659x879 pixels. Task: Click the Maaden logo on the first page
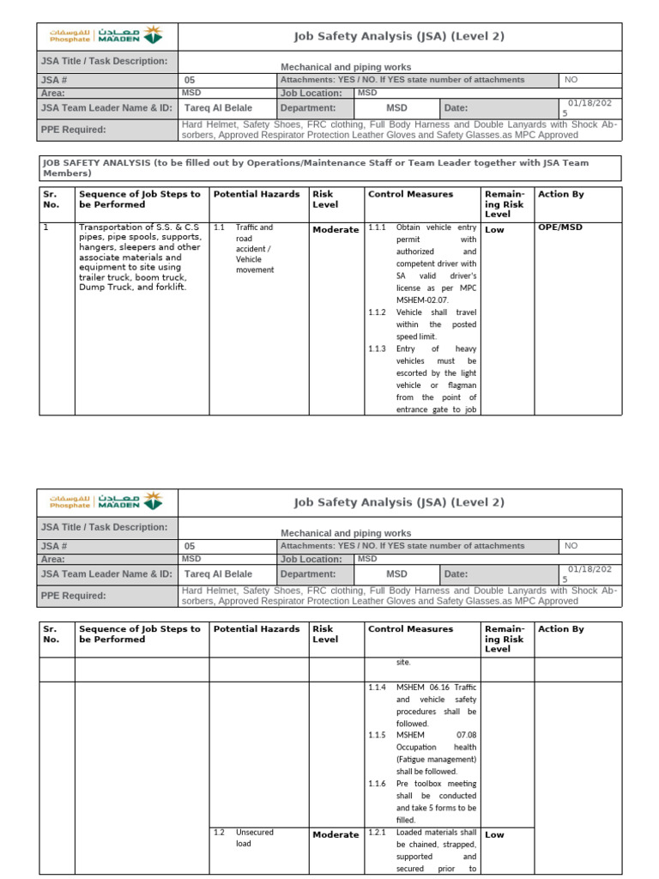tap(106, 36)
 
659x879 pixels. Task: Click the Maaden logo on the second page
tap(106, 502)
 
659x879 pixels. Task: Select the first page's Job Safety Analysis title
tap(399, 36)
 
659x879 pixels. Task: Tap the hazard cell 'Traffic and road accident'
tap(255, 248)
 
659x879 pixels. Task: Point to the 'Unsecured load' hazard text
tap(255, 838)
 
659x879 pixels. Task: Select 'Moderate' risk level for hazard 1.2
tap(336, 834)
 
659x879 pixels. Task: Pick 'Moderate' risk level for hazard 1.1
tap(336, 230)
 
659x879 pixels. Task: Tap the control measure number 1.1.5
tap(378, 736)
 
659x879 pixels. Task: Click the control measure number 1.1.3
tap(378, 349)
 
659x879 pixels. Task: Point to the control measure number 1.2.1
tap(378, 833)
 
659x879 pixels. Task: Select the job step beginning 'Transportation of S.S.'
tap(141, 258)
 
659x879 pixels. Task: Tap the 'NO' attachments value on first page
tap(571, 80)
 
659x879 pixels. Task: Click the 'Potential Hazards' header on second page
tap(257, 629)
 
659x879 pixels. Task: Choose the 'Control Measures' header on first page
tap(410, 194)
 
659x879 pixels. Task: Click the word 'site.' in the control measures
tap(403, 663)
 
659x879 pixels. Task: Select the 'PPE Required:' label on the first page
tap(73, 130)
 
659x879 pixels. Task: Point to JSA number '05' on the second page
tap(190, 546)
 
